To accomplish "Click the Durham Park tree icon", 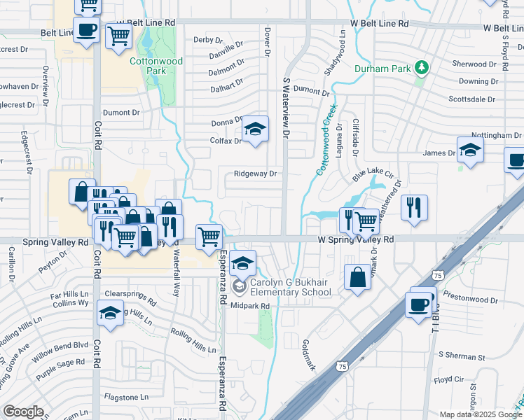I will (x=421, y=68).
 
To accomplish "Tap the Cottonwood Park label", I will (x=156, y=66).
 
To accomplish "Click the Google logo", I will (x=24, y=412).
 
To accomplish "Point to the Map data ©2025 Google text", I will (x=481, y=414).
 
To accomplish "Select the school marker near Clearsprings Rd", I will (x=110, y=312).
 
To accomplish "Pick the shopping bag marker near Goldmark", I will (x=357, y=277).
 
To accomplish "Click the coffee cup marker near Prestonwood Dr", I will (x=420, y=304).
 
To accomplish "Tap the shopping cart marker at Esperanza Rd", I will (x=209, y=237).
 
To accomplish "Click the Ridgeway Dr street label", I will (x=256, y=174).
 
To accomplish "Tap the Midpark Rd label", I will (x=250, y=306).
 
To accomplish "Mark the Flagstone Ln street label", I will (x=126, y=397).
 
